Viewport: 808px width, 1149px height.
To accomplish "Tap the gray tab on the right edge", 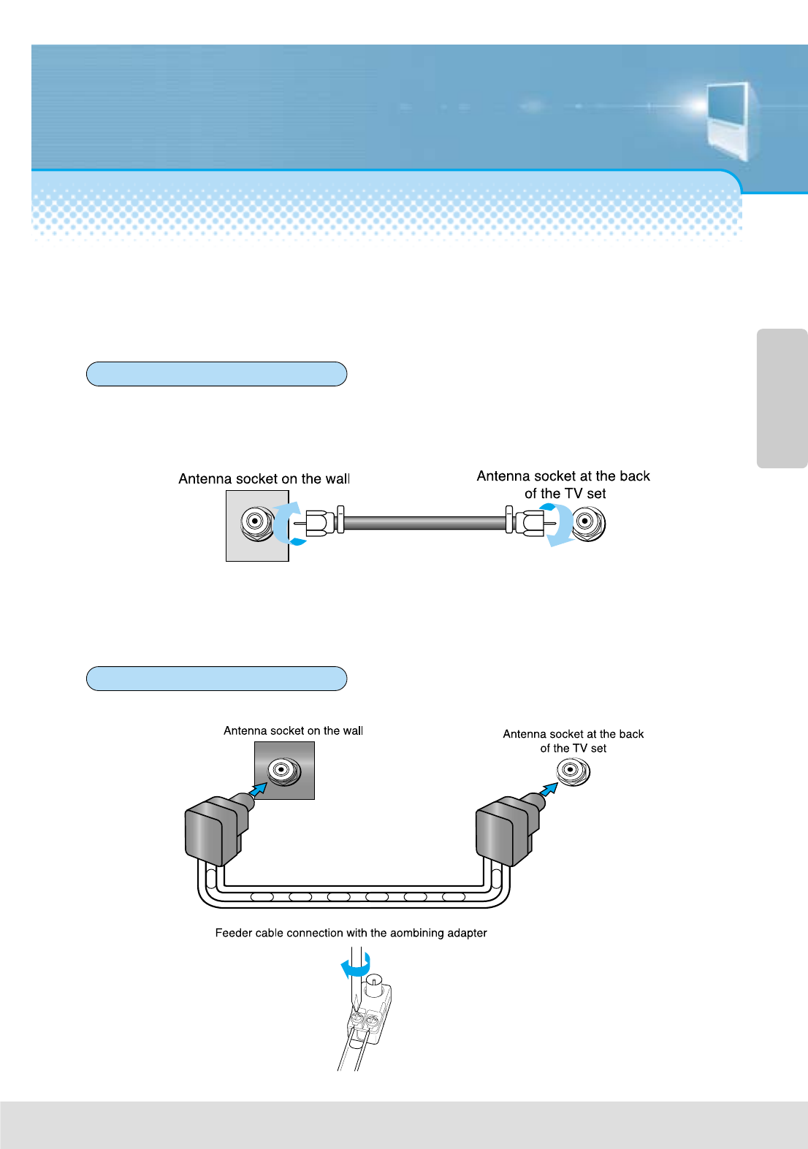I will click(782, 398).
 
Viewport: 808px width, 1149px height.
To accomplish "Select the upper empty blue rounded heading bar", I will click(216, 374).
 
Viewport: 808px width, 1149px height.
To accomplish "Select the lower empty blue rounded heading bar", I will click(216, 679).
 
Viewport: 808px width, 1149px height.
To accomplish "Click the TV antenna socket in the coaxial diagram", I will click(587, 523).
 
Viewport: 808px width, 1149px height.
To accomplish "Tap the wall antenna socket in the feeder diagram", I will click(283, 770).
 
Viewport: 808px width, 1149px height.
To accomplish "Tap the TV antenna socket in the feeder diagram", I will click(573, 771).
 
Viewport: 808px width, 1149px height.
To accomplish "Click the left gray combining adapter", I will click(214, 831).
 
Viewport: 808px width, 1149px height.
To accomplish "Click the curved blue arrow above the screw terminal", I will click(357, 967).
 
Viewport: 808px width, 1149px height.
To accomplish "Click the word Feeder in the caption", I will click(234, 933).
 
